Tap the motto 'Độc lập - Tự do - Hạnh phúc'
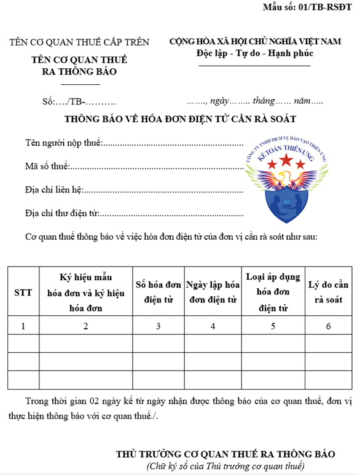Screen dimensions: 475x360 pyautogui.click(x=254, y=53)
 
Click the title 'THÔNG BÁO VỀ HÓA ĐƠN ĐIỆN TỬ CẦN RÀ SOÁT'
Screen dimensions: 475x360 pyautogui.click(x=181, y=118)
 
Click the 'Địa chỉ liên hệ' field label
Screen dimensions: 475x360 pyautogui.click(x=54, y=190)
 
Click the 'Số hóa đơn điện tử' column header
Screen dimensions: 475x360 pyautogui.click(x=158, y=292)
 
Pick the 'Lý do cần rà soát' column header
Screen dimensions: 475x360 pyautogui.click(x=329, y=292)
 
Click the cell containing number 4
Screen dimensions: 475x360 pyautogui.click(x=213, y=326)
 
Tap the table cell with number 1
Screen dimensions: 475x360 pyautogui.click(x=23, y=326)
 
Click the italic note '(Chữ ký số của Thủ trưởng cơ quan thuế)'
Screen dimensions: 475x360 pyautogui.click(x=225, y=466)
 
